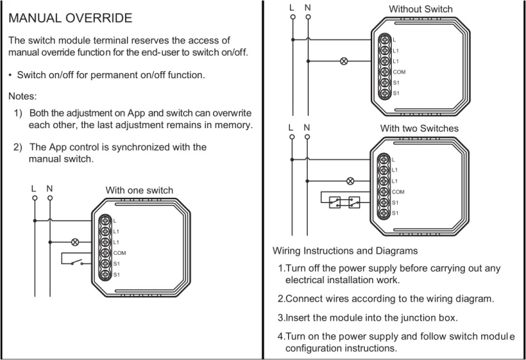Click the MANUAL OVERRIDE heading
click(x=70, y=18)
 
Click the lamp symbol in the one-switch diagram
click(x=74, y=242)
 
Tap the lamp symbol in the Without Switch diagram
click(x=343, y=61)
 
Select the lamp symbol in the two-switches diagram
click(x=350, y=181)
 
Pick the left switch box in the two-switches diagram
click(x=335, y=203)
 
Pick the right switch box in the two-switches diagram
click(x=354, y=203)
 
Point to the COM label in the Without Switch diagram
click(x=398, y=72)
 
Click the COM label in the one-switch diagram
click(x=119, y=252)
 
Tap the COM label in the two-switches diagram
click(x=398, y=191)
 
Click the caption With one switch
click(x=139, y=191)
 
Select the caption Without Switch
click(x=421, y=9)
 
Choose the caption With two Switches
click(x=419, y=128)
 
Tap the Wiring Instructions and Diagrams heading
click(x=345, y=251)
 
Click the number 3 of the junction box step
click(x=280, y=318)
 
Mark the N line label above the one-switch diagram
click(x=49, y=189)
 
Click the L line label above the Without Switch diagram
click(x=292, y=7)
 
